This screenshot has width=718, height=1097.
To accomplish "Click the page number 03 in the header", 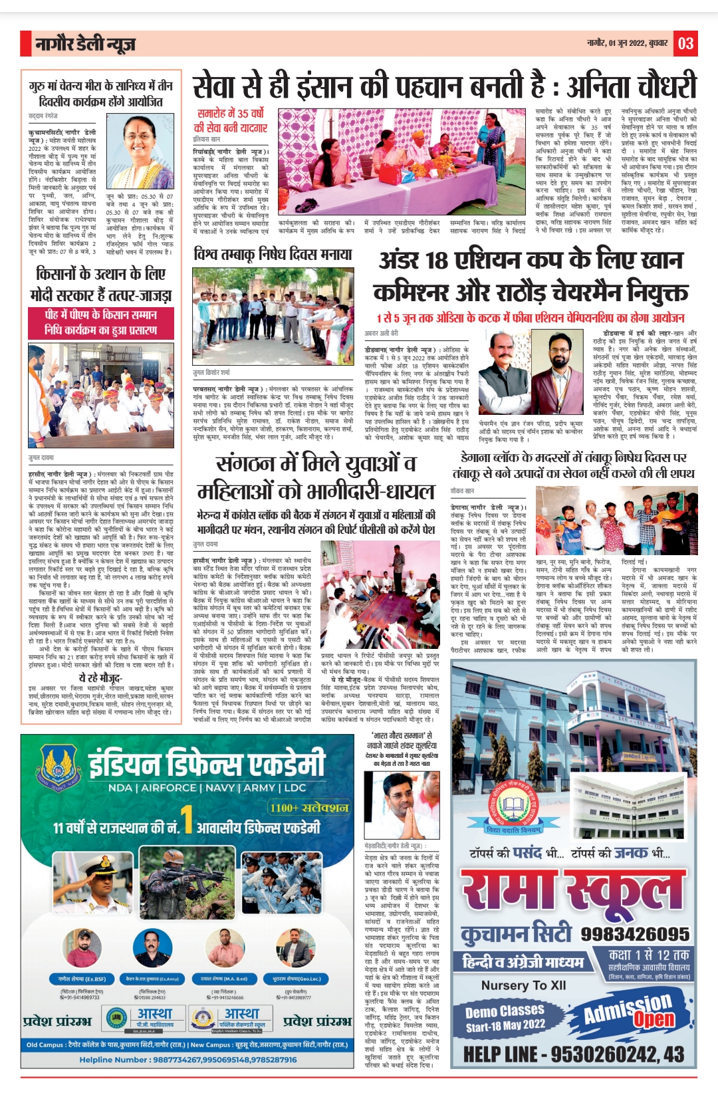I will [685, 44].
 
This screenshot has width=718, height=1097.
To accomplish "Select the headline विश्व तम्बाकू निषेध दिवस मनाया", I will [273, 254].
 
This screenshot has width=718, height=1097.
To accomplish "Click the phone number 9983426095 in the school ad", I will [635, 933].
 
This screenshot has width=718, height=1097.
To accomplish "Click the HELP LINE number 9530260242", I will [573, 1054].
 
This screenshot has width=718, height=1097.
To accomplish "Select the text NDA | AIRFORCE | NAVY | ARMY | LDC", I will [207, 788].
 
